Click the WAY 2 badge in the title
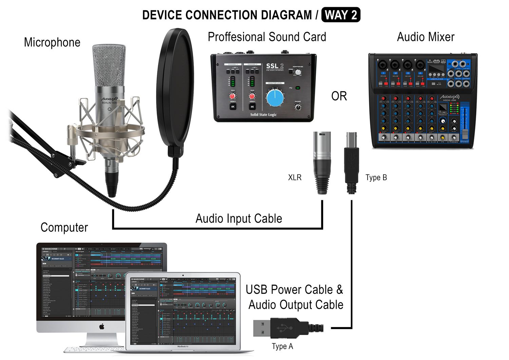pyautogui.click(x=340, y=15)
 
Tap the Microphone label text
pyautogui.click(x=52, y=42)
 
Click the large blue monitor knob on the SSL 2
pyautogui.click(x=275, y=97)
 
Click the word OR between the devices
pyautogui.click(x=339, y=96)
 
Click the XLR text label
pyautogui.click(x=295, y=177)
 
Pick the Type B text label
pyautogui.click(x=376, y=177)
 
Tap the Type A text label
pyautogui.click(x=282, y=346)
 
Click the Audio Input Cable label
pyautogui.click(x=239, y=219)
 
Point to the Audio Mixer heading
pyautogui.click(x=426, y=37)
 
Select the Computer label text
pyautogui.click(x=64, y=227)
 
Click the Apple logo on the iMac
pyautogui.click(x=101, y=326)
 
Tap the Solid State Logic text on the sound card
pyautogui.click(x=263, y=115)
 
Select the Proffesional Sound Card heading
pyautogui.click(x=267, y=37)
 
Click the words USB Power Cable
pyautogui.click(x=289, y=289)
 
